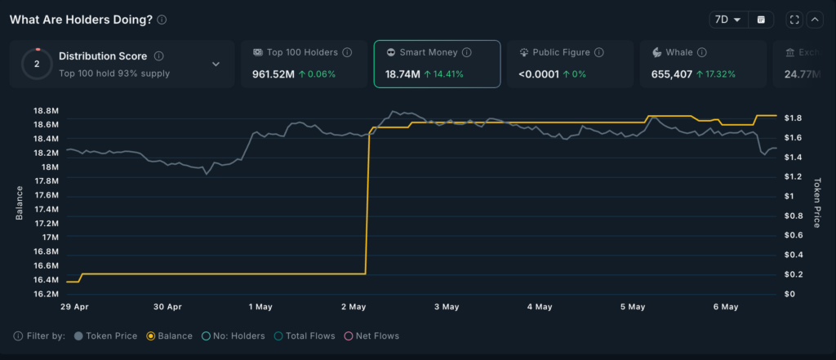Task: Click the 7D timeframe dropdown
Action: pyautogui.click(x=726, y=20)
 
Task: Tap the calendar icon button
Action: pyautogui.click(x=760, y=20)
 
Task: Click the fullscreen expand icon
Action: pyautogui.click(x=794, y=20)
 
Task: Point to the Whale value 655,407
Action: pyautogui.click(x=673, y=74)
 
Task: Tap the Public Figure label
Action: pyautogui.click(x=562, y=52)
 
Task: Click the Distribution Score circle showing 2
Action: pyautogui.click(x=37, y=64)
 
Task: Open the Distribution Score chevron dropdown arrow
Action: pyautogui.click(x=216, y=64)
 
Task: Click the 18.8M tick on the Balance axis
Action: pyautogui.click(x=46, y=111)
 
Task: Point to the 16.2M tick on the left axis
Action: pyautogui.click(x=46, y=293)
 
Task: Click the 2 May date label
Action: pyautogui.click(x=354, y=307)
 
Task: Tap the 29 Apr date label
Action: pyautogui.click(x=75, y=307)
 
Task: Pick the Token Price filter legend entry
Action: pyautogui.click(x=107, y=336)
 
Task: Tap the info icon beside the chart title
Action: pyautogui.click(x=162, y=20)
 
